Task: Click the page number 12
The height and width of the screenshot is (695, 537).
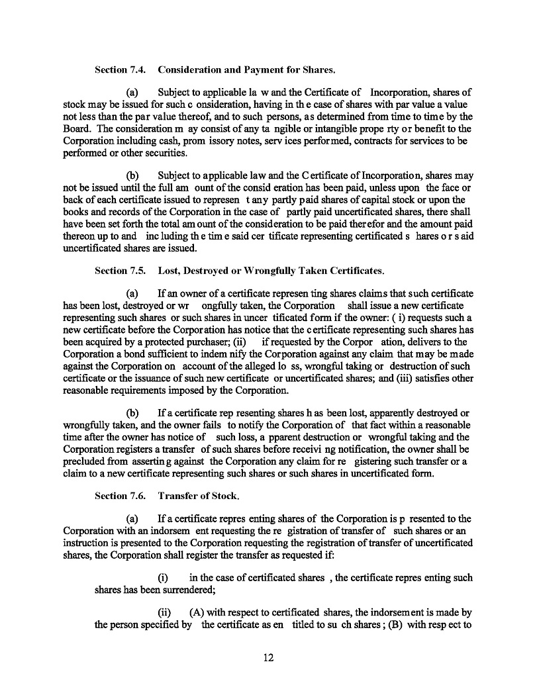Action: point(268,657)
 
